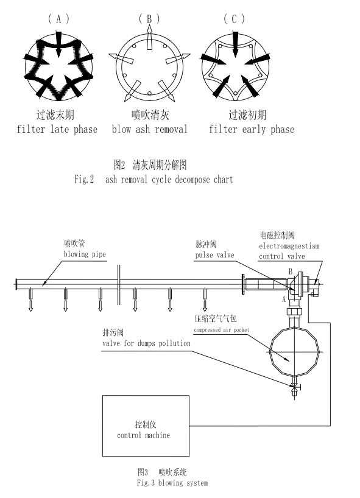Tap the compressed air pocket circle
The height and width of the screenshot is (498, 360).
(x=270, y=352)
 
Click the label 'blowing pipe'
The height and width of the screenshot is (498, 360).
(x=85, y=254)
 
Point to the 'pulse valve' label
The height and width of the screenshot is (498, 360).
(x=214, y=255)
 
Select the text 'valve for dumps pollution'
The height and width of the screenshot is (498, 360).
(x=146, y=343)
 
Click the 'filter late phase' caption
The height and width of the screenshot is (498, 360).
(x=57, y=129)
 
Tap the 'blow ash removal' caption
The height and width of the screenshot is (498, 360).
(x=150, y=129)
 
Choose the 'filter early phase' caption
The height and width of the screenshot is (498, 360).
(x=252, y=129)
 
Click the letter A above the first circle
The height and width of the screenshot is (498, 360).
(x=58, y=19)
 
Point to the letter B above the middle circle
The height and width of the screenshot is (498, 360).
(x=149, y=19)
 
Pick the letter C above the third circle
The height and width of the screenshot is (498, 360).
(x=234, y=19)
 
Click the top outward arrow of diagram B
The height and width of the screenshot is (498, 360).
(x=149, y=37)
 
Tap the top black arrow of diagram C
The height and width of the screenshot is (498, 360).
(x=235, y=44)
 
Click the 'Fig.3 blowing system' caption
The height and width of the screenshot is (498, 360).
(x=172, y=483)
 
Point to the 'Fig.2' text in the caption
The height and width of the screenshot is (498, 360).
(x=84, y=180)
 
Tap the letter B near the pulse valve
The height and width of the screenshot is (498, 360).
(x=290, y=272)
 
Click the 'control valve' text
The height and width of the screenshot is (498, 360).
(x=282, y=256)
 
